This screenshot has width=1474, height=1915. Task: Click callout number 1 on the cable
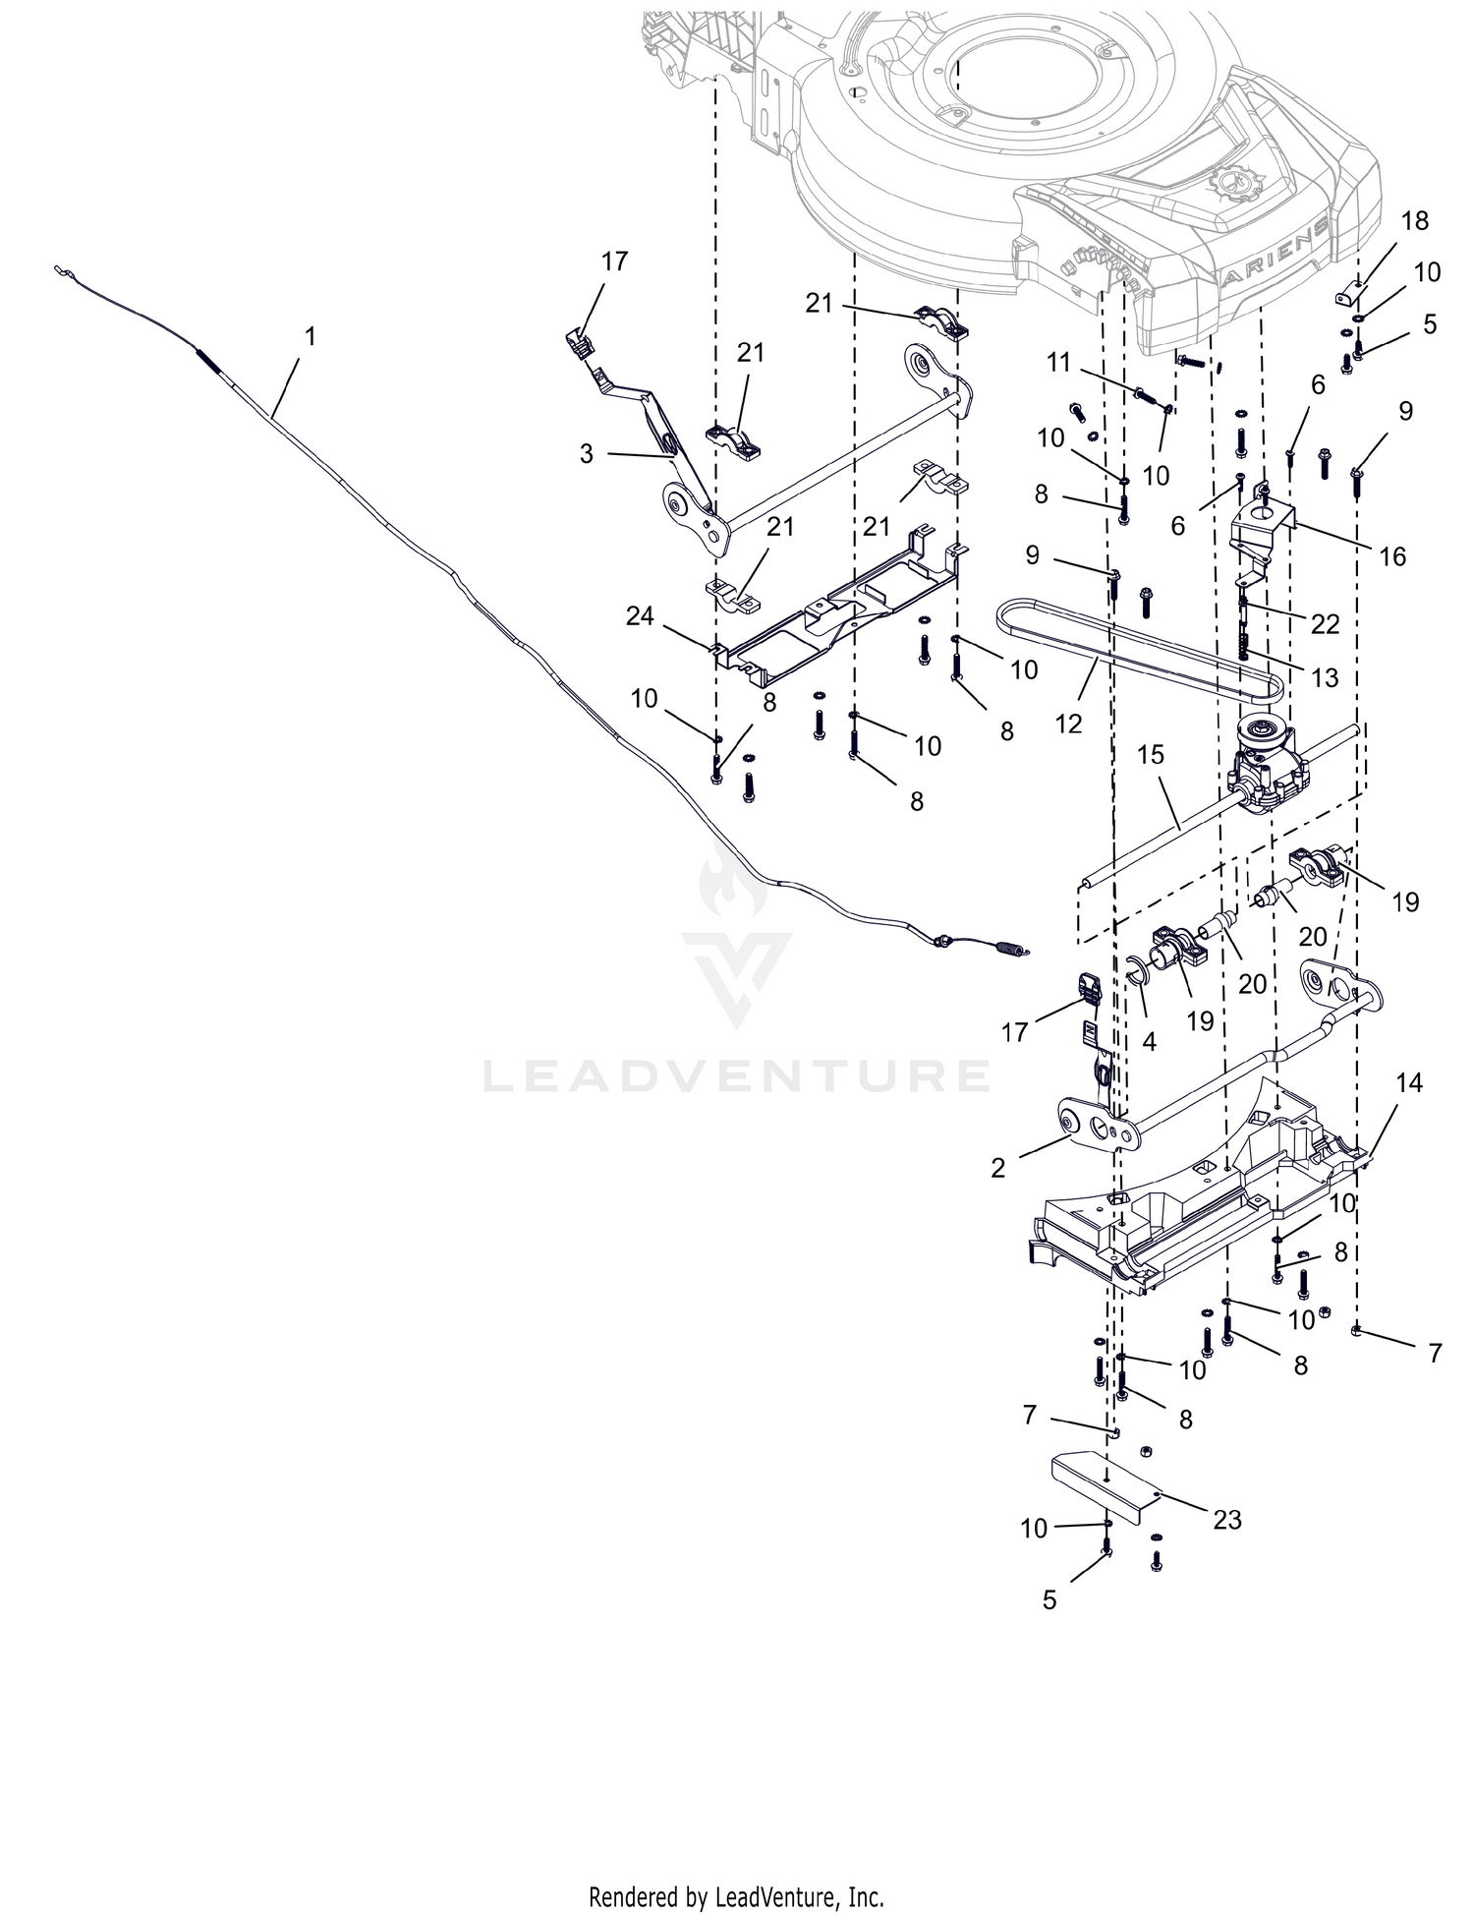coord(311,336)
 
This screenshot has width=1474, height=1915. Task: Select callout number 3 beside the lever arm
coord(586,455)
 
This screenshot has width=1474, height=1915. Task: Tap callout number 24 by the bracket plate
coord(640,616)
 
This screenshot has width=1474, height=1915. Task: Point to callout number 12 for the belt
coord(1068,724)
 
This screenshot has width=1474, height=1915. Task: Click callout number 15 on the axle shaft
coord(1150,755)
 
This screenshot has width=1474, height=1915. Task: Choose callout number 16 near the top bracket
coord(1392,556)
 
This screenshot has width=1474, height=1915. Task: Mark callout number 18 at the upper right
coord(1415,220)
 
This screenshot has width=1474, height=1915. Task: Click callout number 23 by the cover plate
coord(1227,1520)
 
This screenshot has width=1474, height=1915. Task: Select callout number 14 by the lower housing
coord(1409,1082)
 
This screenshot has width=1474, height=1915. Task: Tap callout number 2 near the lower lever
coord(998,1168)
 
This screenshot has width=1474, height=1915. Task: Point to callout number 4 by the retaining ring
coord(1150,1042)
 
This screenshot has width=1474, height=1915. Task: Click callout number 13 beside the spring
coord(1325,677)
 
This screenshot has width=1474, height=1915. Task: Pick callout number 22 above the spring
coord(1325,623)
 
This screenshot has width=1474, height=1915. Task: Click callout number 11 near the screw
coord(1058,363)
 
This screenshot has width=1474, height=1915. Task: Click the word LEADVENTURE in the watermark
coord(736,1074)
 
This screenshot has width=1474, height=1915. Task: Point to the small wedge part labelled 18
coord(1352,294)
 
